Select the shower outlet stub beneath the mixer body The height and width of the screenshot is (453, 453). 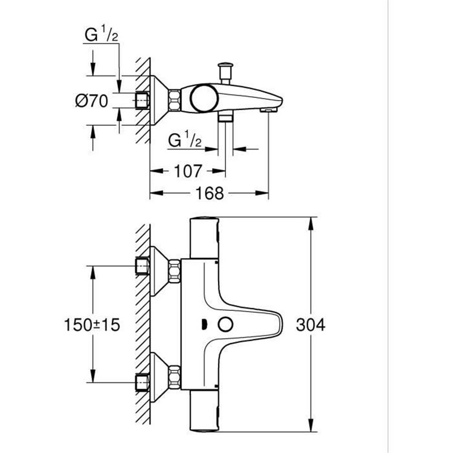pyautogui.click(x=226, y=117)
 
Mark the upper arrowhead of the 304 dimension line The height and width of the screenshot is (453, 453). pyautogui.click(x=311, y=223)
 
